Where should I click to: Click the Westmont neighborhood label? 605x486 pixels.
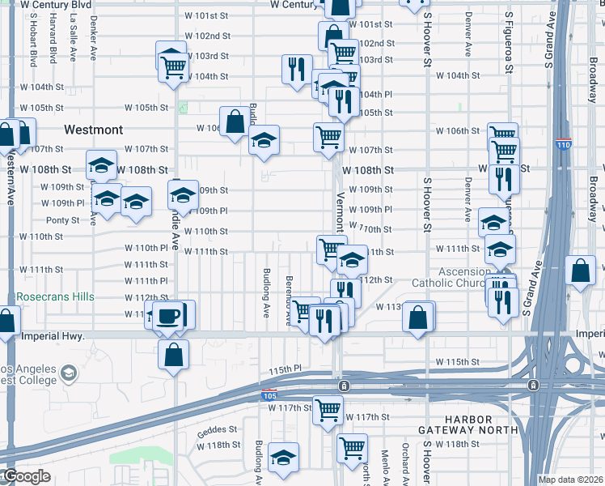[x=93, y=130]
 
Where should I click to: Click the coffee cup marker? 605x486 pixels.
[x=167, y=316]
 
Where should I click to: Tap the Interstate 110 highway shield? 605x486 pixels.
[x=564, y=146]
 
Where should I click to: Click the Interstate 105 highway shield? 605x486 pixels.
[x=269, y=394]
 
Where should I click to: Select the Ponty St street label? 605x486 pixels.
[x=61, y=220]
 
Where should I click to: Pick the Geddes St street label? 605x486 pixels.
[x=217, y=430]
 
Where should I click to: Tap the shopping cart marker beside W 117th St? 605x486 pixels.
[x=328, y=410]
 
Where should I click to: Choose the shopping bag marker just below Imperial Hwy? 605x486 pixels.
[x=174, y=355]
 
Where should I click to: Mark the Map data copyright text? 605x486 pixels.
[x=571, y=480]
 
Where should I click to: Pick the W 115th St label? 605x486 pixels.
[x=458, y=361]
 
